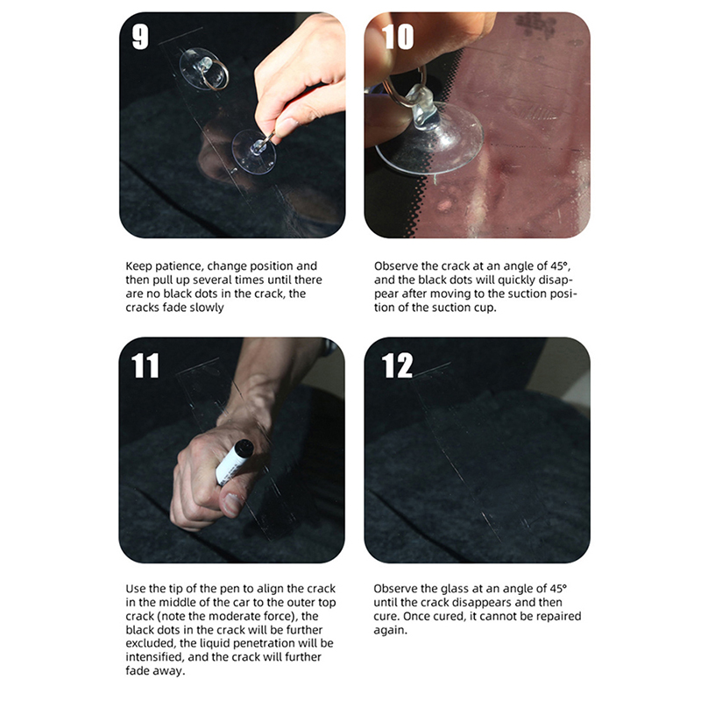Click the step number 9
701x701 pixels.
[x=140, y=37]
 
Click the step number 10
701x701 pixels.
[x=398, y=37]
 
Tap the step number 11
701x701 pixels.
[x=145, y=365]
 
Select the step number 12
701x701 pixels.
[x=397, y=365]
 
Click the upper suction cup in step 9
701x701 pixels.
[x=203, y=69]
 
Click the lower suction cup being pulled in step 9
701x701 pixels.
[x=254, y=152]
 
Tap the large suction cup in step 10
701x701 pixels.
[x=429, y=134]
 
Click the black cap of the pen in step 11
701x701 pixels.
[x=244, y=448]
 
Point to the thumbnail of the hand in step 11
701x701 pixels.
[x=231, y=503]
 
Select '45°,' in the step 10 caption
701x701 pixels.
[x=561, y=266]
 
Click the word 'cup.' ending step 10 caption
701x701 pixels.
[x=485, y=308]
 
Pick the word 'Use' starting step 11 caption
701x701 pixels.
[x=136, y=588]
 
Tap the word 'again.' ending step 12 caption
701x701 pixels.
[x=390, y=630]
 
